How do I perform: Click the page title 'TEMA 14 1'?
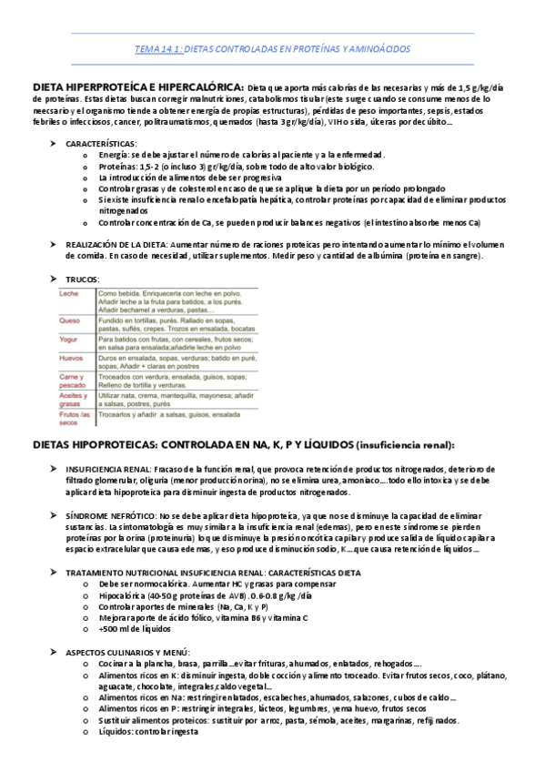pos(157,50)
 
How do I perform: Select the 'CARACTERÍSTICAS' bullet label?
pos(101,144)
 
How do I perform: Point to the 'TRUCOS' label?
pos(82,279)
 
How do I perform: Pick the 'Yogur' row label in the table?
pos(69,339)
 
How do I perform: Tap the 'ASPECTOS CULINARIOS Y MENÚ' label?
pos(126,653)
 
